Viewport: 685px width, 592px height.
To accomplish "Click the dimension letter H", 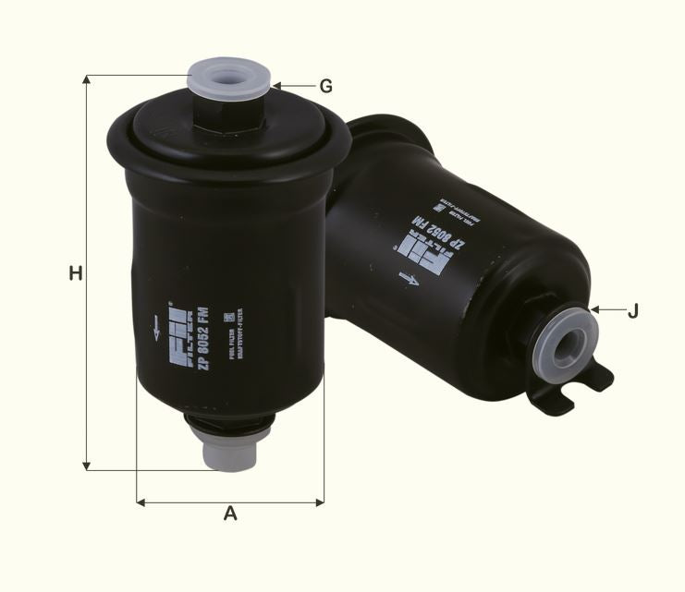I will click(x=76, y=273).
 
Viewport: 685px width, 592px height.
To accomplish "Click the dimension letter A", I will click(x=230, y=513).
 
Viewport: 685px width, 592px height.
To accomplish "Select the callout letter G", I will click(x=325, y=87).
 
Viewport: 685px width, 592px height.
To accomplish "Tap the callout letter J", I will click(x=632, y=311).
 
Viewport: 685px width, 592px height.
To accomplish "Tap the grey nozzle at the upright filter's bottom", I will click(x=229, y=450).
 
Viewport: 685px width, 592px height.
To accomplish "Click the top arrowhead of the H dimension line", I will click(x=87, y=80).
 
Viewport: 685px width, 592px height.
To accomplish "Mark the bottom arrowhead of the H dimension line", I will click(x=87, y=465).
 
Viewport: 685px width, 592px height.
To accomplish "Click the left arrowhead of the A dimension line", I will click(x=141, y=502).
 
